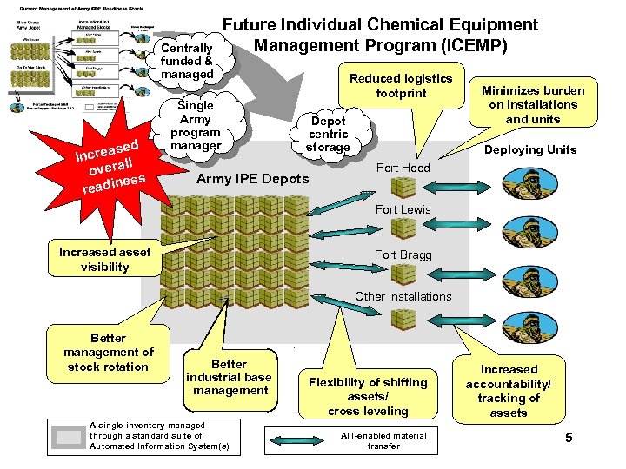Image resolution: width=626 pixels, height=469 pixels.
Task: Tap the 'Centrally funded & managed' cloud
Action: (x=187, y=61)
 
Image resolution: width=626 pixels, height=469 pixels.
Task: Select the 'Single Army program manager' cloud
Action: (x=195, y=125)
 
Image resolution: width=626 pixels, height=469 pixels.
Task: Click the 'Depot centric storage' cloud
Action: (x=328, y=135)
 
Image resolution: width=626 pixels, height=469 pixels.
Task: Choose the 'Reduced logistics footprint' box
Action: (x=401, y=85)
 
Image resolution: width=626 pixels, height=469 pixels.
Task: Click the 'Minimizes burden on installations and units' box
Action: (x=532, y=105)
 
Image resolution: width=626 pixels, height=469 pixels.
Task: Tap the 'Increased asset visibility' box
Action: (x=104, y=260)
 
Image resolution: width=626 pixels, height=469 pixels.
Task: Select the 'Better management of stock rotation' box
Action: (x=108, y=352)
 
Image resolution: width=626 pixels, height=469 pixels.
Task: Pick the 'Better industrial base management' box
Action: (x=230, y=377)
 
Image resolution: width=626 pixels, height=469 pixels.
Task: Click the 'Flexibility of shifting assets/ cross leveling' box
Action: (x=368, y=395)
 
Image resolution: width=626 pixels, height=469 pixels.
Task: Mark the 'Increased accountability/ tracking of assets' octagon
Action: (x=509, y=391)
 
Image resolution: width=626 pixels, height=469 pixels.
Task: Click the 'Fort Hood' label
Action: (x=402, y=168)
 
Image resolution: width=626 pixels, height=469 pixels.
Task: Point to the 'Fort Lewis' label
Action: (x=403, y=209)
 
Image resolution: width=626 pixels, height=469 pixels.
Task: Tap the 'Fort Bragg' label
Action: (x=402, y=254)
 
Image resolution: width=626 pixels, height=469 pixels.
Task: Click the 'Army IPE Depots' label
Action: (x=253, y=179)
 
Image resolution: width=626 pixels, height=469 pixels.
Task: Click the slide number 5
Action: (x=569, y=438)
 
